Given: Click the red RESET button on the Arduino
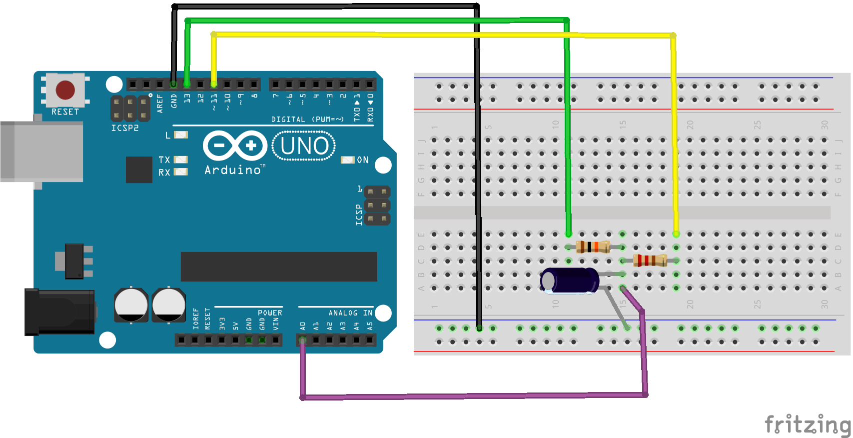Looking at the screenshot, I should tap(65, 90).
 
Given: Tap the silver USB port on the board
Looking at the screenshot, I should tap(42, 151).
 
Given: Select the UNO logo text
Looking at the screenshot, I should tap(304, 146).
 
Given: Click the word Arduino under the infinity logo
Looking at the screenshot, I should tap(233, 170).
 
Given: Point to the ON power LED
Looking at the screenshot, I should tap(347, 160).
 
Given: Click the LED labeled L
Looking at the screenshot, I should tap(180, 135).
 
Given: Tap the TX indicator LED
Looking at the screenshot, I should tap(180, 160).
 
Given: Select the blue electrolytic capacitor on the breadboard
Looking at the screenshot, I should tap(570, 280).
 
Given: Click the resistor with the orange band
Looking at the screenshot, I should tap(593, 246).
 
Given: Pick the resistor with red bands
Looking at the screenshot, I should tap(650, 260).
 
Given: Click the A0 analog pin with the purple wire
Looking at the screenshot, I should tap(302, 340).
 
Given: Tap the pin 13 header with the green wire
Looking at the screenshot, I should tap(187, 84).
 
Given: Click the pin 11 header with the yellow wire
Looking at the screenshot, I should tap(214, 84).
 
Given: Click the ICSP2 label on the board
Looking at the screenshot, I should tap(125, 128).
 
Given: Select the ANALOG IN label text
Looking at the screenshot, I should tap(350, 313).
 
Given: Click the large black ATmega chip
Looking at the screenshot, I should tap(279, 266).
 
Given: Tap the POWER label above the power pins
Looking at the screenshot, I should tap(270, 313).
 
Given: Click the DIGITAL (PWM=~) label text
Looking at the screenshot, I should tap(307, 119).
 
